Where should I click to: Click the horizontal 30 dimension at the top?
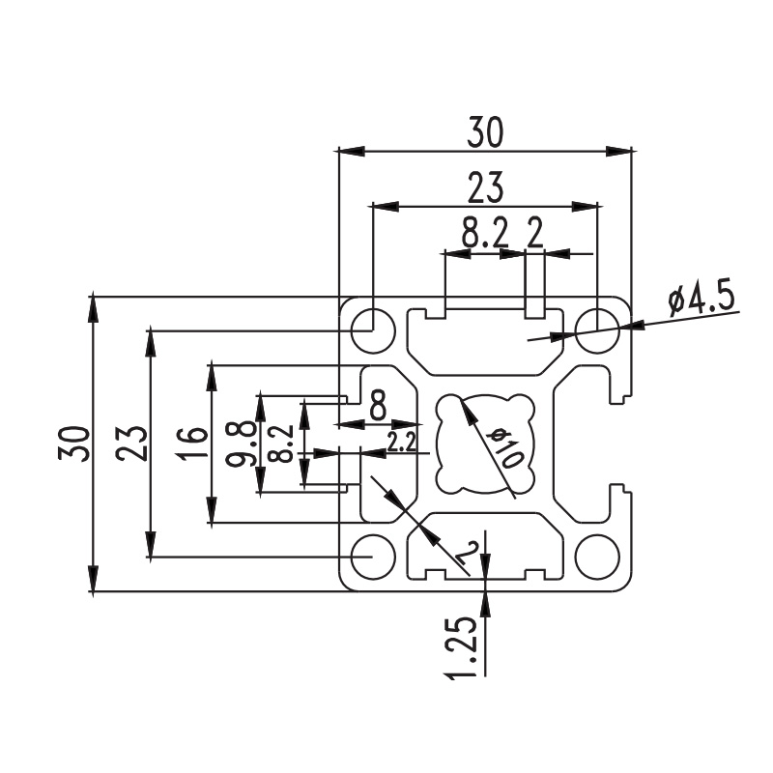[x=486, y=132]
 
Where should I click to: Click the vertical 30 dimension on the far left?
[x=74, y=444]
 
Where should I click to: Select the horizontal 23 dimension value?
[x=485, y=187]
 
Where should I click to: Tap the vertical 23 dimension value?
[x=131, y=444]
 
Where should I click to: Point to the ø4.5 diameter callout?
[x=702, y=299]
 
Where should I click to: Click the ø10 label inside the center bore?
[x=503, y=447]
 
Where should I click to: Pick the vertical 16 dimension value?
[x=191, y=444]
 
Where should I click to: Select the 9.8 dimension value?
[x=240, y=444]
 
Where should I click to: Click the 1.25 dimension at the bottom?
[x=461, y=647]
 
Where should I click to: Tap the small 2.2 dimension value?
[x=401, y=443]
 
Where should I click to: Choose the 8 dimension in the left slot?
[x=378, y=405]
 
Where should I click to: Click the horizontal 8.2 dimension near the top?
[x=484, y=233]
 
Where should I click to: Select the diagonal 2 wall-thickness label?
[x=466, y=553]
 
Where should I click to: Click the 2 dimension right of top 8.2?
[x=534, y=233]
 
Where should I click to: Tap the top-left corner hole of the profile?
[x=373, y=330]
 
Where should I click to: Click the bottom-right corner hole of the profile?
[x=597, y=558]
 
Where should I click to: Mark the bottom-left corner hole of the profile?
[x=373, y=558]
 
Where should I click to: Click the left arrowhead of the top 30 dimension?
[x=352, y=151]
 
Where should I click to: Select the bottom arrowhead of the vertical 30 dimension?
[x=93, y=578]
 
